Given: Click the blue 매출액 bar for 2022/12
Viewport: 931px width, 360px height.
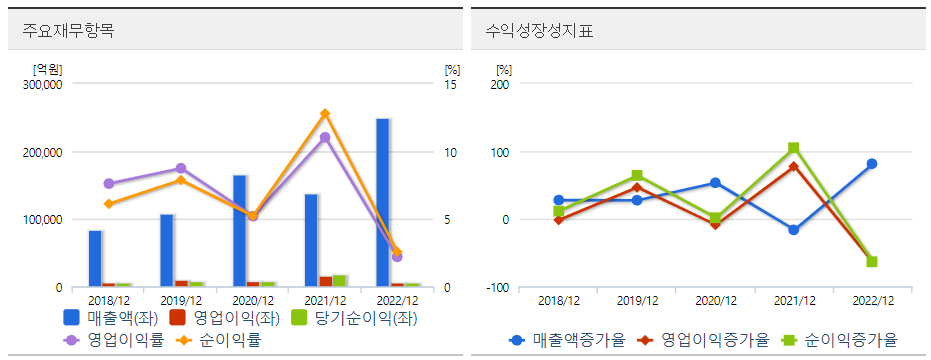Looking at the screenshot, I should click(382, 202).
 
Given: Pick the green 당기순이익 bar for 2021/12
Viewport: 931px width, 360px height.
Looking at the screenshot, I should click(339, 281).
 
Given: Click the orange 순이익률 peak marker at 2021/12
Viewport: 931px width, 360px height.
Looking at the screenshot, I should click(324, 114).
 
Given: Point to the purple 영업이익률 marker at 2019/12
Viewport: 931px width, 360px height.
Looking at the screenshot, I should click(181, 169).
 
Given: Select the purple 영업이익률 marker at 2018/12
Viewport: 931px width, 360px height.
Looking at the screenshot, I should click(109, 184).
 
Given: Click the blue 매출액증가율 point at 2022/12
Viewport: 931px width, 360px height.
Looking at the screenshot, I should click(872, 164).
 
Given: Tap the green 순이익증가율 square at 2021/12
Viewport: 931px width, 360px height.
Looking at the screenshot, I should click(793, 148).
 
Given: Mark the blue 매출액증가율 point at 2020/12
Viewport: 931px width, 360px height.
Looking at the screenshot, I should click(715, 183).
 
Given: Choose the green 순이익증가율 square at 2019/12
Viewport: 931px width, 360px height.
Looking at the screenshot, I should click(637, 175).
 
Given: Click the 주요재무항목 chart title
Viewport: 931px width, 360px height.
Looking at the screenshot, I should click(68, 30).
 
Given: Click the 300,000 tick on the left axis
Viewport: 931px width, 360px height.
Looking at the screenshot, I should click(42, 85).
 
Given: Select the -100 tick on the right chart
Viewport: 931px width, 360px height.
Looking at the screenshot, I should click(497, 288).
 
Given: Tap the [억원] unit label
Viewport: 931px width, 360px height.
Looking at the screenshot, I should click(47, 69).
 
